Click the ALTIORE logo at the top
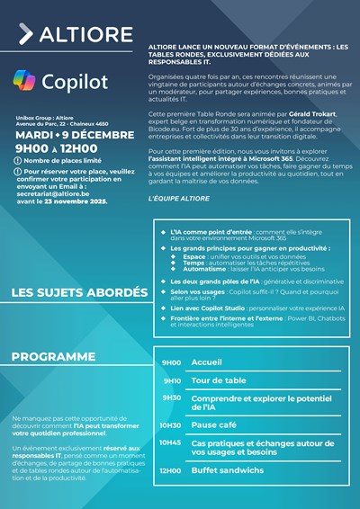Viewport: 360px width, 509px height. tap(64, 35)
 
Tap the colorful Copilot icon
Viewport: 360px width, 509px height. tap(24, 81)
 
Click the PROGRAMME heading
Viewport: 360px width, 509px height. tap(53, 357)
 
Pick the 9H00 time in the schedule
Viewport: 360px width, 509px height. tap(171, 362)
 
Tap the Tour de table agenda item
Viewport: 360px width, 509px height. tap(218, 380)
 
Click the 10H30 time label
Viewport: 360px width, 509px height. tap(171, 425)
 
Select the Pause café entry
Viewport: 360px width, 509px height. tap(216, 425)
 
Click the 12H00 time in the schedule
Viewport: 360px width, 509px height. tap(171, 470)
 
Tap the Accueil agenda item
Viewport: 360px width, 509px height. tap(206, 362)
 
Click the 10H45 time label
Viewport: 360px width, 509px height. tap(171, 442)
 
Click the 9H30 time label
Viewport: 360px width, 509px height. tap(171, 397)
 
